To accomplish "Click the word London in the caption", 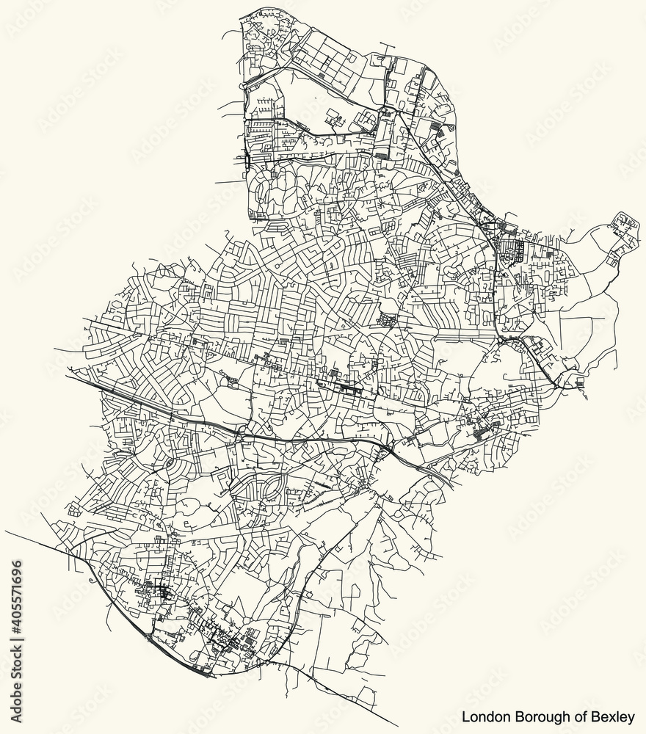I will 482,715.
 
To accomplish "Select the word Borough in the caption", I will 535,715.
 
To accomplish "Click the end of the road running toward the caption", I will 397,722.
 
